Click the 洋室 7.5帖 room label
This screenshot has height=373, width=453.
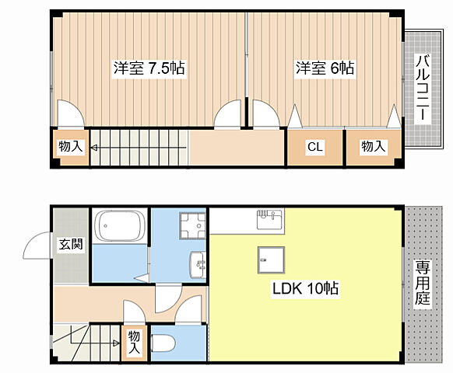[x=149, y=68]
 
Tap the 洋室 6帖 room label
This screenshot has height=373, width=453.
[x=324, y=68]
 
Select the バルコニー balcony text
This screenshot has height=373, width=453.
[x=421, y=85]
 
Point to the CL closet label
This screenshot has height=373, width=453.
[x=314, y=147]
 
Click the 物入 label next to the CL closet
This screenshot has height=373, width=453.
[x=372, y=147]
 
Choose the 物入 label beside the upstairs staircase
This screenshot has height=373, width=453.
[x=70, y=147]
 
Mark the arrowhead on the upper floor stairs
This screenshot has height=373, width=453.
[x=94, y=147]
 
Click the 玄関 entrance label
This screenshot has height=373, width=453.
[x=71, y=244]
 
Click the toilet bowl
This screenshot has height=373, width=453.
[x=164, y=342]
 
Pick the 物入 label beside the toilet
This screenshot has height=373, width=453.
[x=134, y=342]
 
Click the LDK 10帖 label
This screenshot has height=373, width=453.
[x=304, y=289]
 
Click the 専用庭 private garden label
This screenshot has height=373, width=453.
[x=422, y=284]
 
